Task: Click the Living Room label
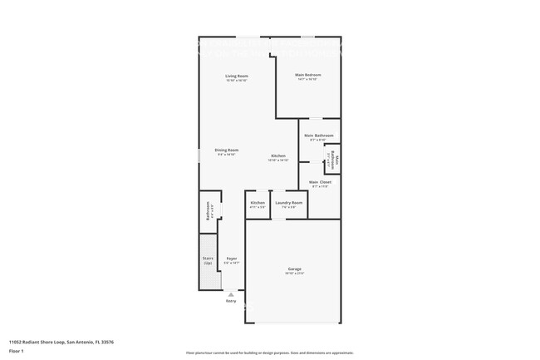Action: coord(238,76)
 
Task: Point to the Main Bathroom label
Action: coord(319,136)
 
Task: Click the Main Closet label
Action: coord(320,182)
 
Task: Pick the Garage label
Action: coord(294,269)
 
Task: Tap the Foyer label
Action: coord(232,259)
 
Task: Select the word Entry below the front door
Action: coord(231,301)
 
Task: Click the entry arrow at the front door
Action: coord(231,293)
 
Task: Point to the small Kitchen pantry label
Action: coord(258,203)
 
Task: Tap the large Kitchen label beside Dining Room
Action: coord(278,156)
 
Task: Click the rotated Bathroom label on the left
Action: coord(209,212)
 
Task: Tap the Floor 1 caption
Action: coord(17,351)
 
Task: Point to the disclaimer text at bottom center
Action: coord(269,353)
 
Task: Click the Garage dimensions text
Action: coord(294,274)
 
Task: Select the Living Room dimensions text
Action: coord(238,81)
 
